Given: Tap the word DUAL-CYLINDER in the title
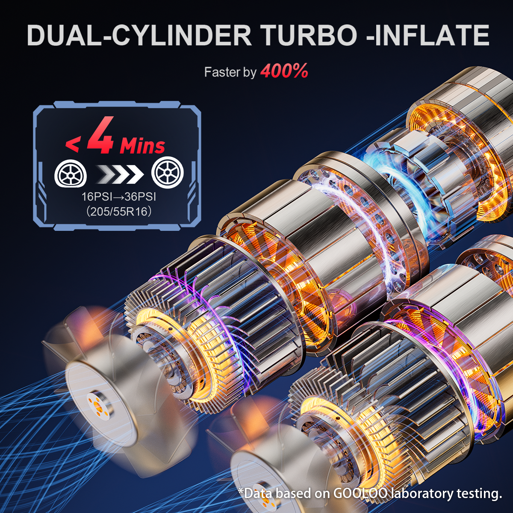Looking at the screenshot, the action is (x=139, y=35).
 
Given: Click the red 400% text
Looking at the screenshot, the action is (x=284, y=71).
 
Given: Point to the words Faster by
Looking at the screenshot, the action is (x=230, y=72).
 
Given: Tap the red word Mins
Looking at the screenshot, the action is (x=142, y=146).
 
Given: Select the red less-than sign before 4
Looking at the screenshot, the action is (x=72, y=145).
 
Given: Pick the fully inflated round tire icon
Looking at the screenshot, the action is (x=168, y=172).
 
